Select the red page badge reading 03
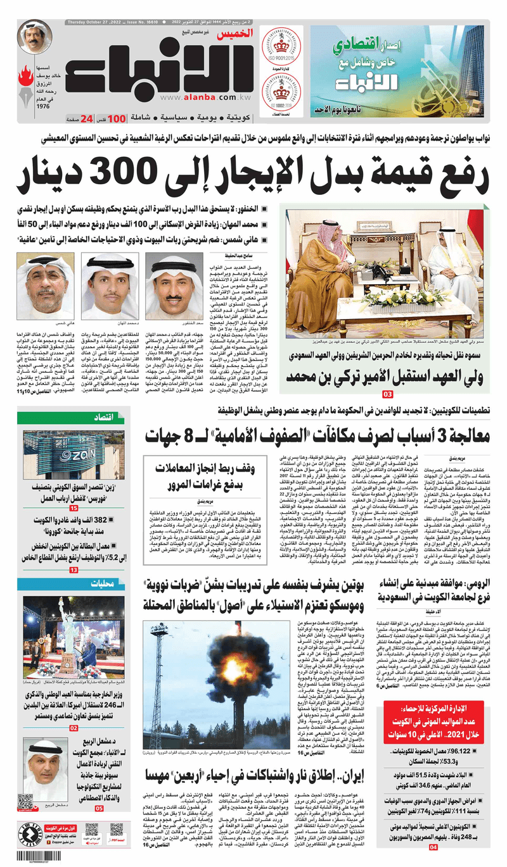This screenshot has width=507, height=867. click(388, 395)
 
